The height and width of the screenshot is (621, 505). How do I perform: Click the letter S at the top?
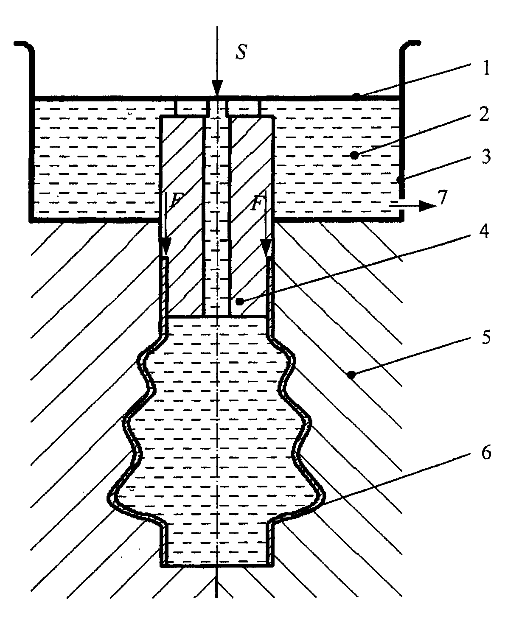(x=241, y=54)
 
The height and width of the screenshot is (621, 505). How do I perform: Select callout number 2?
(x=485, y=114)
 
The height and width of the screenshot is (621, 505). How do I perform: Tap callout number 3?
(x=485, y=157)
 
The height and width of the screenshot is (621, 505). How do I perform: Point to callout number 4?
(x=485, y=233)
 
